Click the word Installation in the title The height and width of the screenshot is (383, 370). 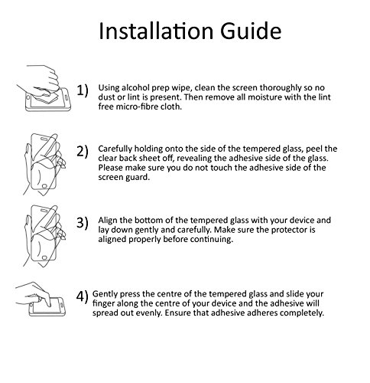(x=156, y=31)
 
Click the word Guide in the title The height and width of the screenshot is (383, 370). (x=251, y=31)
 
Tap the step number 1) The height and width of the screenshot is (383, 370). (x=83, y=90)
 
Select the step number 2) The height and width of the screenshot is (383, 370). (x=83, y=152)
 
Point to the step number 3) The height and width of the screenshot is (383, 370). (x=83, y=223)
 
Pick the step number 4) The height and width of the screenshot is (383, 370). (x=82, y=296)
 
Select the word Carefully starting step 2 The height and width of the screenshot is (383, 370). (x=115, y=149)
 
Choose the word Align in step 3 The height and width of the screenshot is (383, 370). (x=107, y=221)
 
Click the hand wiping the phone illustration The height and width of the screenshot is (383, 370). (x=44, y=88)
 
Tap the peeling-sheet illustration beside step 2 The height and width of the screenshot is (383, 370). (x=44, y=165)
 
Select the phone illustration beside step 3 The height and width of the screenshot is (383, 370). (x=44, y=236)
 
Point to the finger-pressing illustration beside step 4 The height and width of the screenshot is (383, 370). (x=41, y=300)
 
